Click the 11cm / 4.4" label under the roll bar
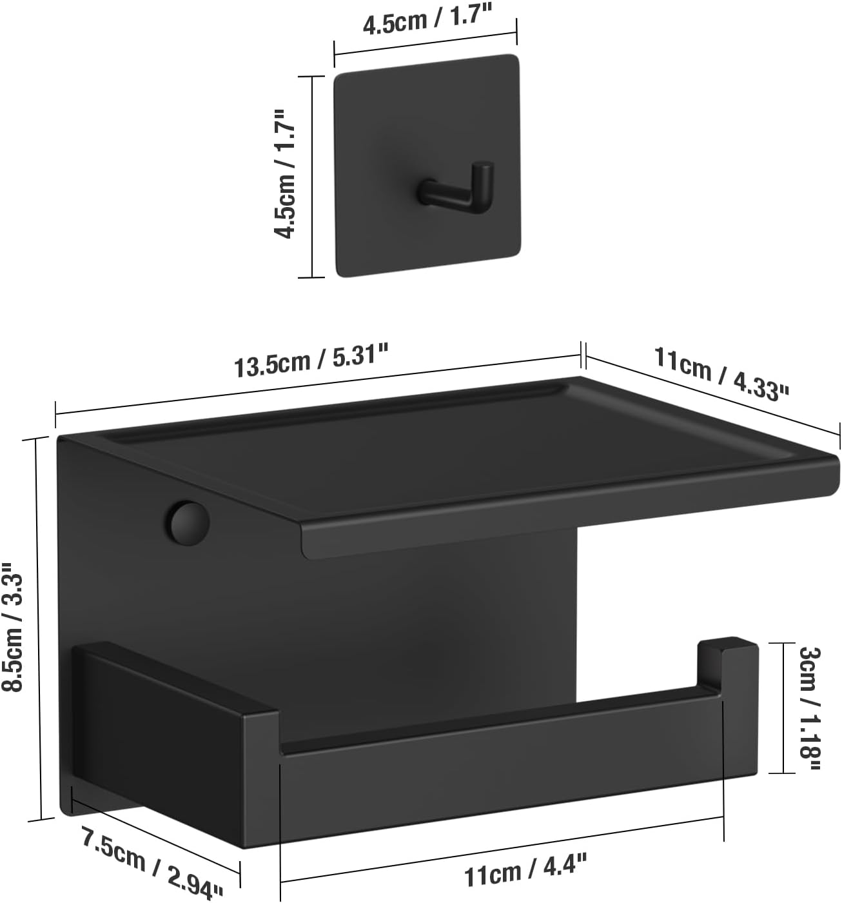pyautogui.click(x=525, y=872)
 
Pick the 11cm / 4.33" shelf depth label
pyautogui.click(x=721, y=372)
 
